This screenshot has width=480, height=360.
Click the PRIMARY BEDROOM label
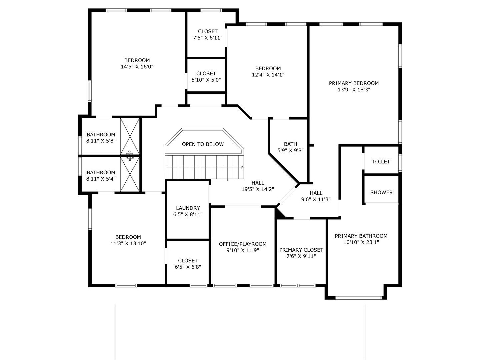(354, 83)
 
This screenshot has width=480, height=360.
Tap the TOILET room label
(381, 162)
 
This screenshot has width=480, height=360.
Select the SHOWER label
(381, 193)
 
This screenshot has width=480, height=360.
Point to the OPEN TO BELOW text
(203, 144)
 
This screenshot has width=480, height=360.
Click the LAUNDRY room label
(188, 208)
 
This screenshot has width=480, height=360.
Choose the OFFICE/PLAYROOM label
(243, 244)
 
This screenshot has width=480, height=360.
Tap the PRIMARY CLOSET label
(301, 250)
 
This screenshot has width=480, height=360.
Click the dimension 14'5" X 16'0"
(137, 67)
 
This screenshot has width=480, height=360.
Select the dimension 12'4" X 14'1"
(268, 75)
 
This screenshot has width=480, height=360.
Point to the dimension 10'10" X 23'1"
(361, 242)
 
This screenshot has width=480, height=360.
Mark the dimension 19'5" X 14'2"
(258, 189)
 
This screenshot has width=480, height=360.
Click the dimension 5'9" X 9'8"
(290, 150)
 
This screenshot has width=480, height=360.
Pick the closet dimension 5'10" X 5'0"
(206, 80)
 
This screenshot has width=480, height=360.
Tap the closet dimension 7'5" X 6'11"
(208, 38)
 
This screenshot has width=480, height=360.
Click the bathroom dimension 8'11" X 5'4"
(101, 179)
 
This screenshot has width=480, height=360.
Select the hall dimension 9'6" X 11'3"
(316, 199)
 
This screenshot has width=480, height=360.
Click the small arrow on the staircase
(243, 167)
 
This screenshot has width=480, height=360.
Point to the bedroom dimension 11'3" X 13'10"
(128, 244)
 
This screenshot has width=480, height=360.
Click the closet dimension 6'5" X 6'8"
(188, 267)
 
